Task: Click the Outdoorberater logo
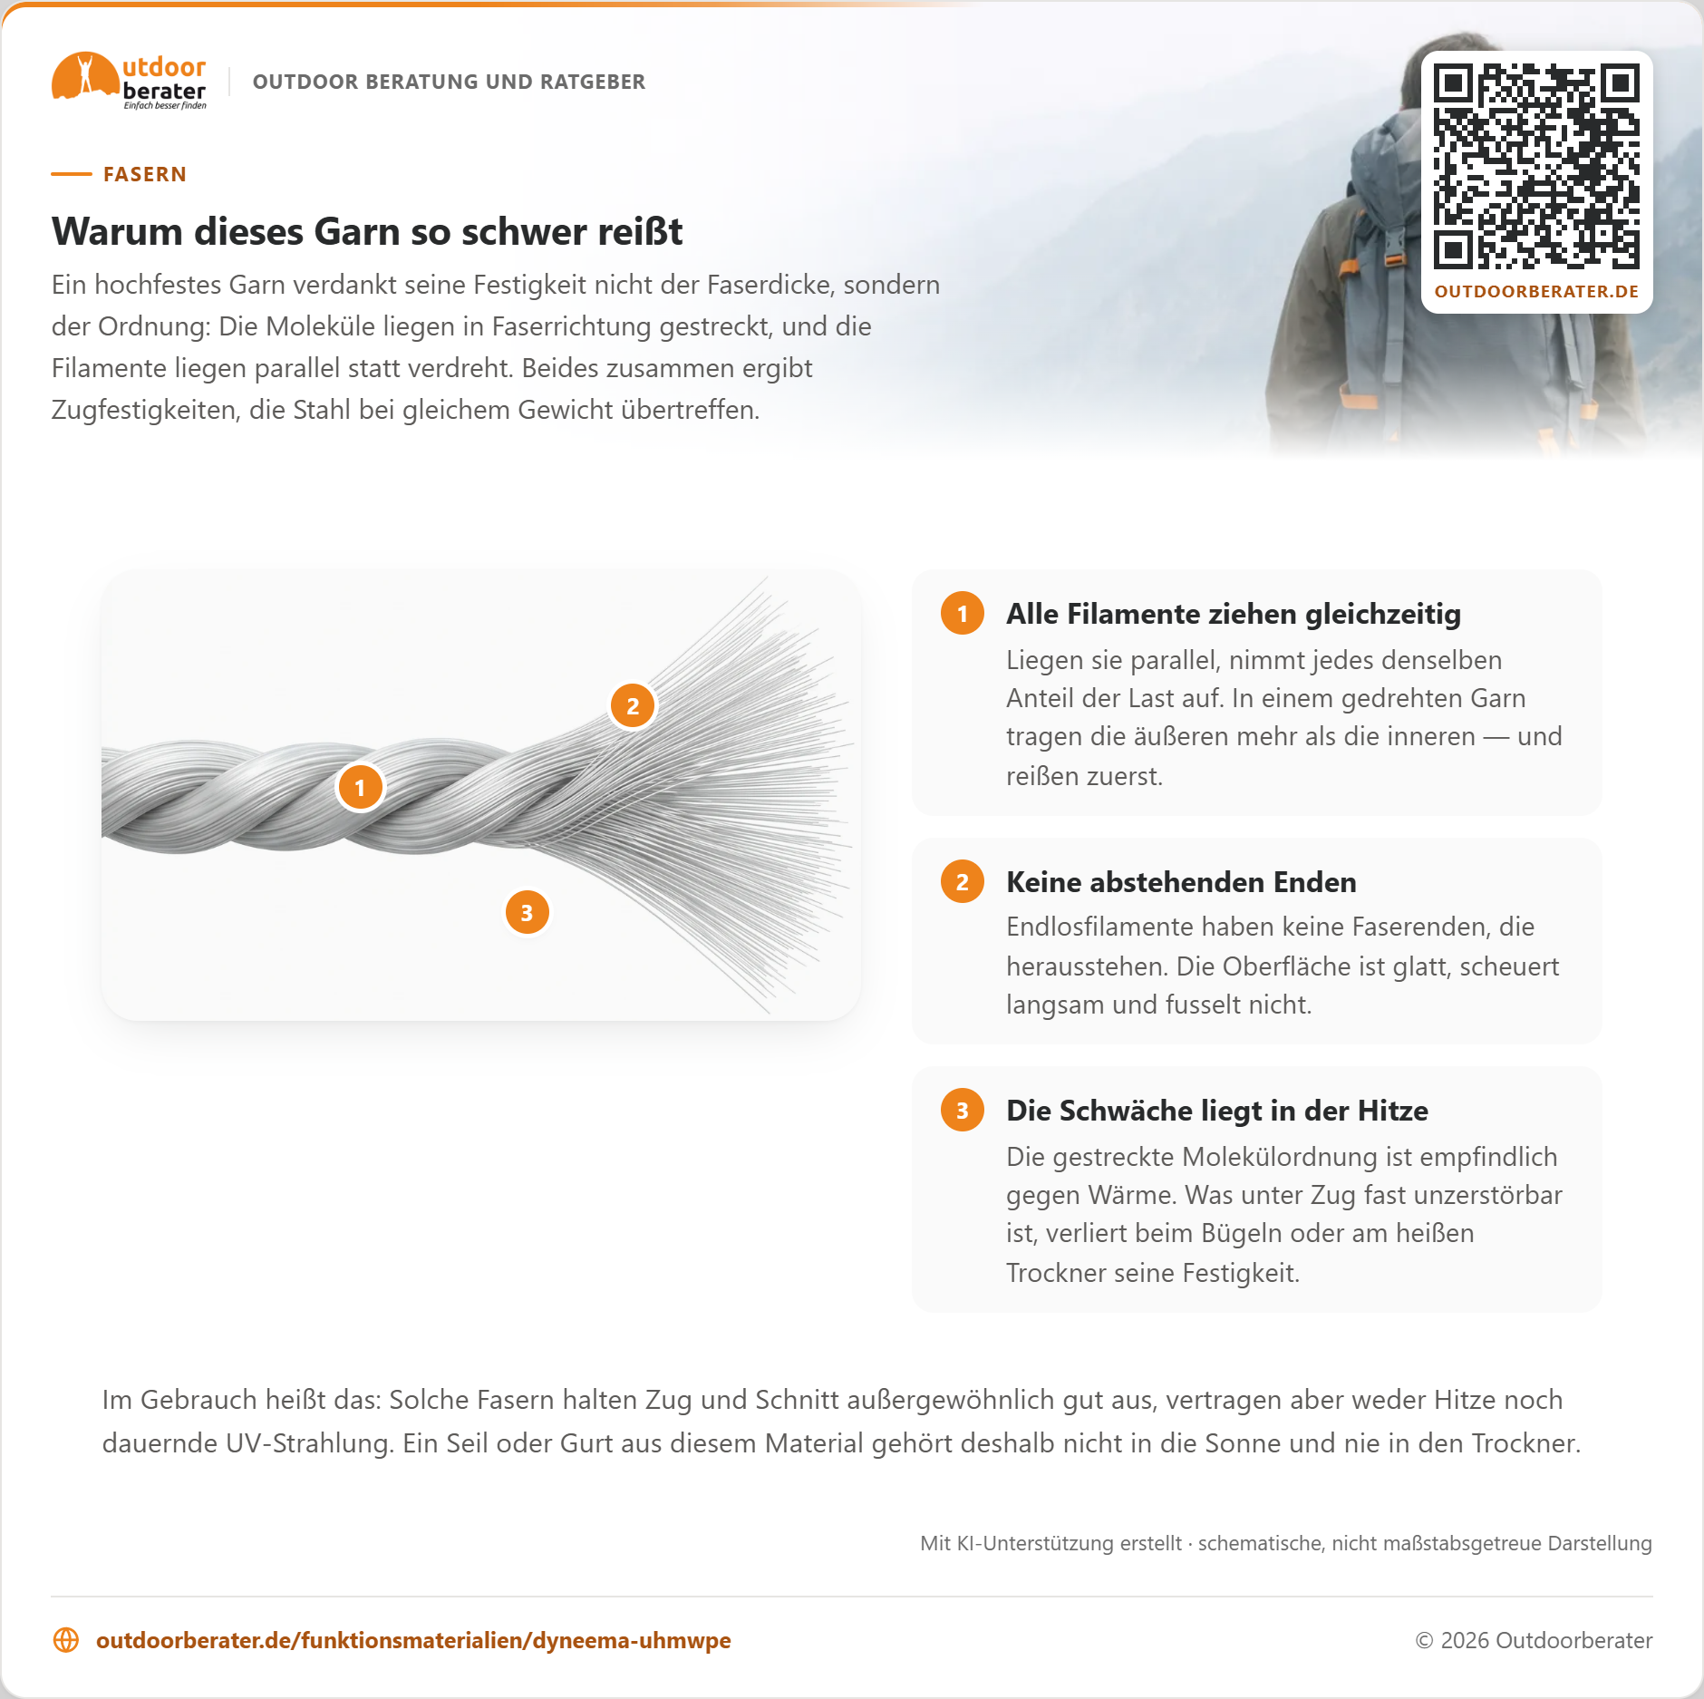point(129,81)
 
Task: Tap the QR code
point(1536,166)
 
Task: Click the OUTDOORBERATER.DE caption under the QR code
point(1536,292)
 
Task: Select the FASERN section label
point(145,174)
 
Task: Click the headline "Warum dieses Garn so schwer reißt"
point(367,231)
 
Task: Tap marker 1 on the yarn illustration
point(360,787)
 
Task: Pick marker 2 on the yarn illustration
point(633,705)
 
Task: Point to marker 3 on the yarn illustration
point(527,912)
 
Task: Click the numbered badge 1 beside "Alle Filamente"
point(963,613)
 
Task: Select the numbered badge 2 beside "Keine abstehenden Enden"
point(963,881)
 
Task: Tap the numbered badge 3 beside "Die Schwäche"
point(963,1110)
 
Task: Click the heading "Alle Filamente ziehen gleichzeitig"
point(1234,614)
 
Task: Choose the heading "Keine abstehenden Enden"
point(1181,882)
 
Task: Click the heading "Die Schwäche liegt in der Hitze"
point(1217,1111)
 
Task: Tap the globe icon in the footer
point(66,1640)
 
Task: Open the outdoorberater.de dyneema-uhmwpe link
point(413,1640)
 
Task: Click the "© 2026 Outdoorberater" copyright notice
point(1534,1640)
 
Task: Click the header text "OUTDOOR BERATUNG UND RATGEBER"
point(449,82)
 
